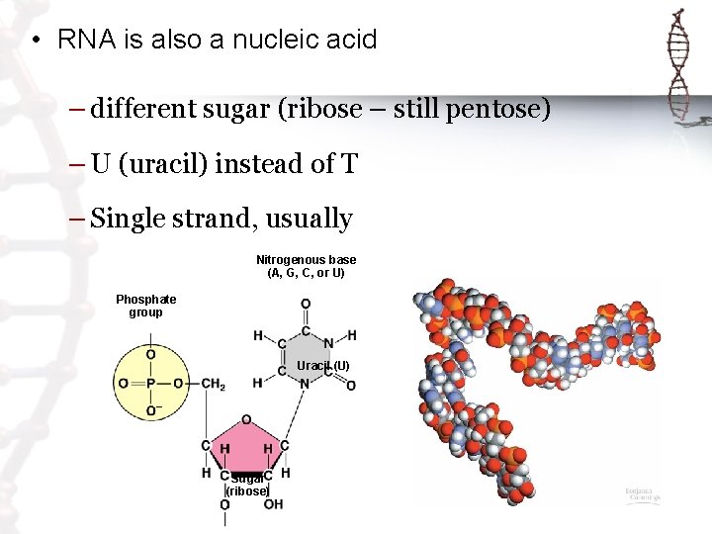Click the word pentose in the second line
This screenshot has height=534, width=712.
tap(493, 109)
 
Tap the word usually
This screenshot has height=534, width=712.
tap(309, 219)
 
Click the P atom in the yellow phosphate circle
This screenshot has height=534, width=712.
tap(150, 384)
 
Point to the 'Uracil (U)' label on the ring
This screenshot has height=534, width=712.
tap(323, 366)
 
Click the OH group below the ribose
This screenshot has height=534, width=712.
tap(273, 504)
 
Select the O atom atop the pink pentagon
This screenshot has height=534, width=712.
tap(246, 419)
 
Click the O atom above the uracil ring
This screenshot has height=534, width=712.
tap(306, 304)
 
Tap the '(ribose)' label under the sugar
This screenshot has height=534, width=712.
tap(247, 491)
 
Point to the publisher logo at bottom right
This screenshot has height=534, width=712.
tap(642, 495)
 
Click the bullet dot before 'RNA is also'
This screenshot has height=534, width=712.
tap(35, 41)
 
